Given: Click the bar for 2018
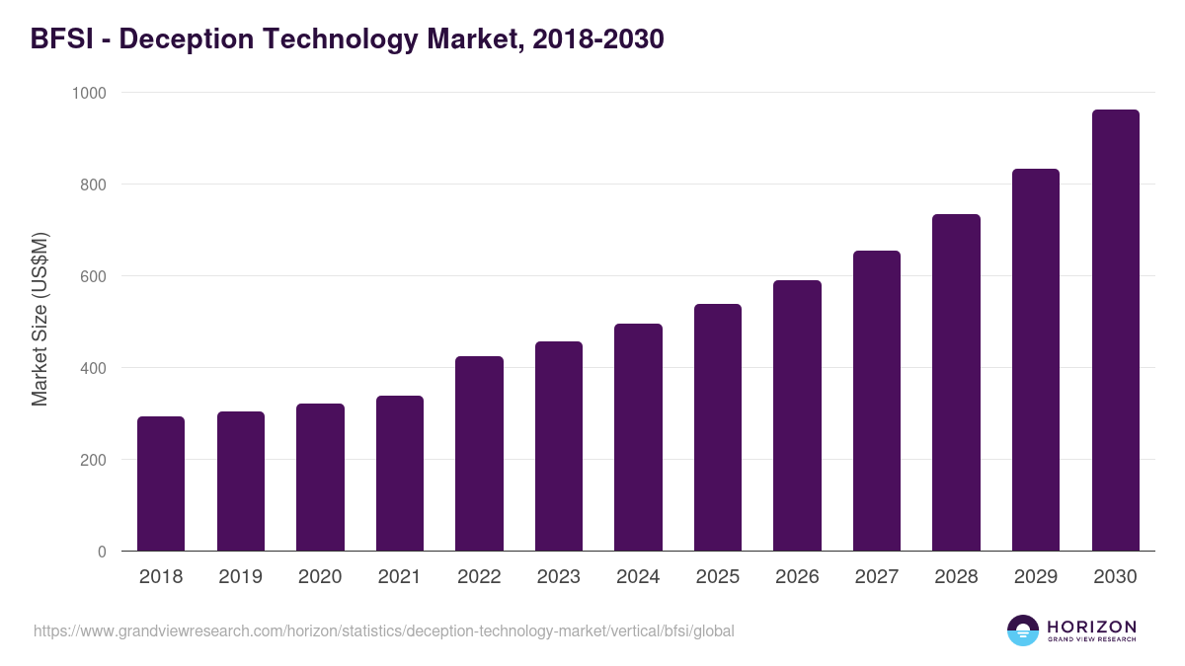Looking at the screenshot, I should [161, 483].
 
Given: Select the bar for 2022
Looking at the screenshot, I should [479, 454].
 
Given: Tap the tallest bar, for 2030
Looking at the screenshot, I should [1115, 331].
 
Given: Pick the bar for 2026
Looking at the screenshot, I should [797, 415].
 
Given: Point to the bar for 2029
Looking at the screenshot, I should [1036, 360].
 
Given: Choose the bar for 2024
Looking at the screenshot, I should [638, 437].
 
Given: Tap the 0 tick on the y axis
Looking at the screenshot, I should [102, 552].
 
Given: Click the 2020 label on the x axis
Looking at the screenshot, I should [320, 577].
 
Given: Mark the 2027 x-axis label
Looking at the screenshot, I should [876, 577].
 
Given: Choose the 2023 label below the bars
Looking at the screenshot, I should [558, 577].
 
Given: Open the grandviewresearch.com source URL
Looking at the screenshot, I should [383, 630].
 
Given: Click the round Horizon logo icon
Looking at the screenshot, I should [1023, 630].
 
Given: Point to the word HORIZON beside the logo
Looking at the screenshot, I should [1091, 627].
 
